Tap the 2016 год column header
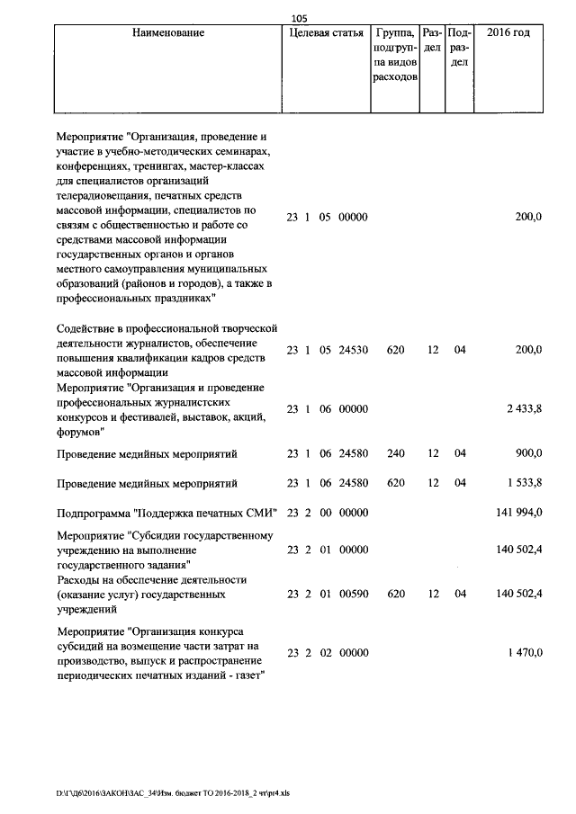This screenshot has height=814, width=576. [x=508, y=33]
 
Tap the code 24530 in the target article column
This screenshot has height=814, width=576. [x=353, y=349]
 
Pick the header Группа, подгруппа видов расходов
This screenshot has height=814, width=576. [x=394, y=55]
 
